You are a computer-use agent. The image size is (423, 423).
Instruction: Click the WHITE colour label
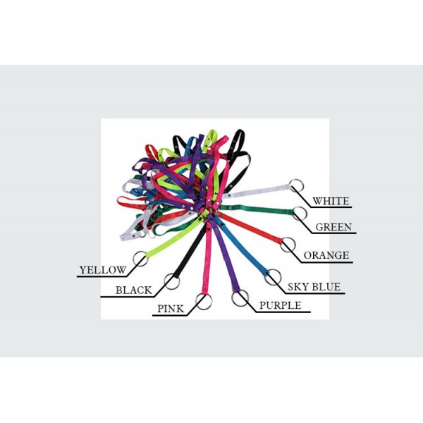tap(331, 201)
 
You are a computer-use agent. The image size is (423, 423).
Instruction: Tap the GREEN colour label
tap(333, 227)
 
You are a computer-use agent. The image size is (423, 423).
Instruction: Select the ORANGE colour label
tap(326, 255)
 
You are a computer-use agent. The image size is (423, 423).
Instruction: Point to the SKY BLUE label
tap(314, 287)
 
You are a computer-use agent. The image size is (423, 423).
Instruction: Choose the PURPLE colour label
tap(281, 305)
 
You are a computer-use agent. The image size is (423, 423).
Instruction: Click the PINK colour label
tap(171, 309)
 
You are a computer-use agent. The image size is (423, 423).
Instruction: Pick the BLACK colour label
tap(134, 290)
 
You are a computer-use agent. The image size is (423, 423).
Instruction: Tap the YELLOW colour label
tap(103, 270)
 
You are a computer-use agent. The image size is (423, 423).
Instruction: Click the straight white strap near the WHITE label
tap(257, 191)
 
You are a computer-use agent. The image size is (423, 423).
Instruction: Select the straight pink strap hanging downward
tap(207, 259)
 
